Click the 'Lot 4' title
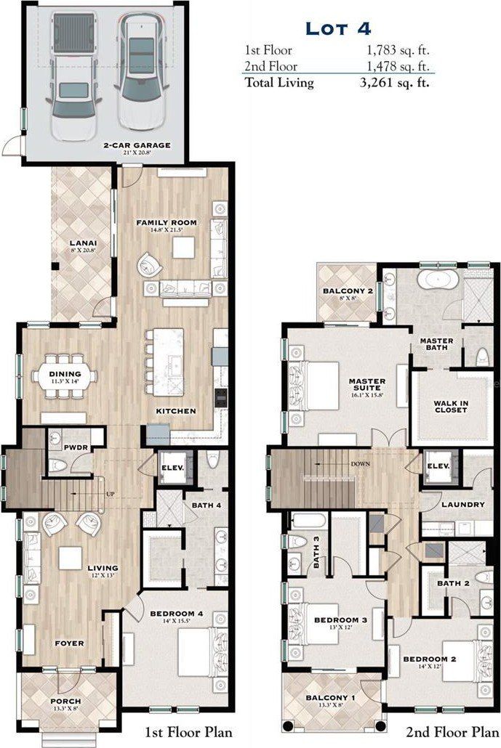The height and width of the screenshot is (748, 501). coord(338,30)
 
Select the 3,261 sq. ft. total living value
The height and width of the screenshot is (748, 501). coord(398,82)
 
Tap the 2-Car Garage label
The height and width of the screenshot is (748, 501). coord(137,145)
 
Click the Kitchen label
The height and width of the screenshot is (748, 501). coord(175,411)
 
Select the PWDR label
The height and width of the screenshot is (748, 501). coord(76,448)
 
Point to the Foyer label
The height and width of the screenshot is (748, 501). coord(70,643)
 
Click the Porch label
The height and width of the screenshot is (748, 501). coord(65,702)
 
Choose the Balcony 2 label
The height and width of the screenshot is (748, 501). coord(348,292)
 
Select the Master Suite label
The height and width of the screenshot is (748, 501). coord(367,384)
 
